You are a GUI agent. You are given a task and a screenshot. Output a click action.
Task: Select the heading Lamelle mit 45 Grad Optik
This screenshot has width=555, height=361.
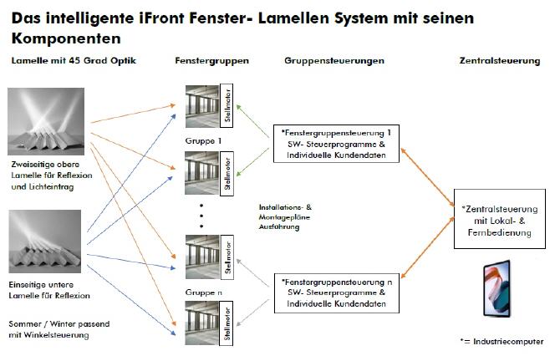click(x=74, y=60)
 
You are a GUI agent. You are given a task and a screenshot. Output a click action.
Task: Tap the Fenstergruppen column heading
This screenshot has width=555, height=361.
click(x=211, y=61)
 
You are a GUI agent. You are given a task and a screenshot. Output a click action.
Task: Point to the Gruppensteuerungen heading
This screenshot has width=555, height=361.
click(x=334, y=61)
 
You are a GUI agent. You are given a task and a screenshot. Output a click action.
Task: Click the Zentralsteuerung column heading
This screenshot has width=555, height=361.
click(x=500, y=61)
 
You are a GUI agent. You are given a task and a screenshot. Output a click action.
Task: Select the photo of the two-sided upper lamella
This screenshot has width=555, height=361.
click(x=46, y=121)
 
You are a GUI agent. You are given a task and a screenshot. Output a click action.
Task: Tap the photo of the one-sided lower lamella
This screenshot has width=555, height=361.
click(x=45, y=242)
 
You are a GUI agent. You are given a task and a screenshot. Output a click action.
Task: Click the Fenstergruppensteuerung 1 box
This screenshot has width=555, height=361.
click(x=336, y=144)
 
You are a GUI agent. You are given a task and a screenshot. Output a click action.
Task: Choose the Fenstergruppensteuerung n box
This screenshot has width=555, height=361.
click(x=337, y=293)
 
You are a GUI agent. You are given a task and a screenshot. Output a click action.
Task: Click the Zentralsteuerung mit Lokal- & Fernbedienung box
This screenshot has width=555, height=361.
click(x=500, y=219)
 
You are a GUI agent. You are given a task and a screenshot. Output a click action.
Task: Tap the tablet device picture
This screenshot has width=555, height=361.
click(x=497, y=288)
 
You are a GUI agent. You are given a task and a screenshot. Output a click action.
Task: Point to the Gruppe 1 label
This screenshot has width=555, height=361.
click(x=203, y=141)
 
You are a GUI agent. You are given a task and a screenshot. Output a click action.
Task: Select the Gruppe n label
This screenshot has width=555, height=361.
click(x=203, y=292)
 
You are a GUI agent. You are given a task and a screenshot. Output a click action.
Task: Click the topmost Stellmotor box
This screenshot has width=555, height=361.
click(x=227, y=105)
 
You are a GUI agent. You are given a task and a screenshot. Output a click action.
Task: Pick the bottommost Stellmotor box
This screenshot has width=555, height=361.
click(x=227, y=323)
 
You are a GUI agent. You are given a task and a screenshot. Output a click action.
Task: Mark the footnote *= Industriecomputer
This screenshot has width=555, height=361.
click(x=502, y=342)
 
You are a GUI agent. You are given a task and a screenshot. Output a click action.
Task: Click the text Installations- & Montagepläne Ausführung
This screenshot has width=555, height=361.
click(x=285, y=217)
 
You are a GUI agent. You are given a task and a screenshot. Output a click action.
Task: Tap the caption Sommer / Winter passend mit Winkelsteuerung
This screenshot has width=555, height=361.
click(x=59, y=329)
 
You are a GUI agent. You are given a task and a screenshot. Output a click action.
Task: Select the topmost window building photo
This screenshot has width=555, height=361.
click(x=202, y=106)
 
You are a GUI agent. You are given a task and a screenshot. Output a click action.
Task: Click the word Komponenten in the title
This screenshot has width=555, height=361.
click(x=66, y=38)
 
